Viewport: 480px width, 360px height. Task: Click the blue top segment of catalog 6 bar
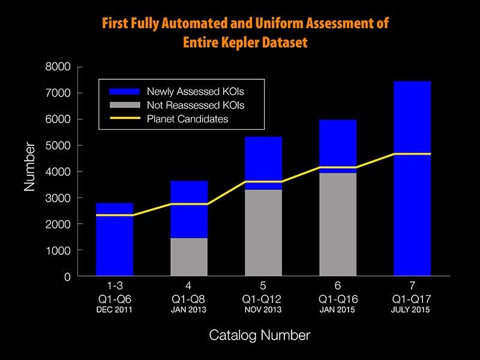(337, 141)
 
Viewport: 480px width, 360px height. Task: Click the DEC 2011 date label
(114, 310)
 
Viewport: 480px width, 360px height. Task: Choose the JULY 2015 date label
(412, 310)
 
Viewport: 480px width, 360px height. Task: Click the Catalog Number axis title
(259, 335)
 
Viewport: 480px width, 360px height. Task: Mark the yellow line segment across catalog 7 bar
(412, 154)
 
